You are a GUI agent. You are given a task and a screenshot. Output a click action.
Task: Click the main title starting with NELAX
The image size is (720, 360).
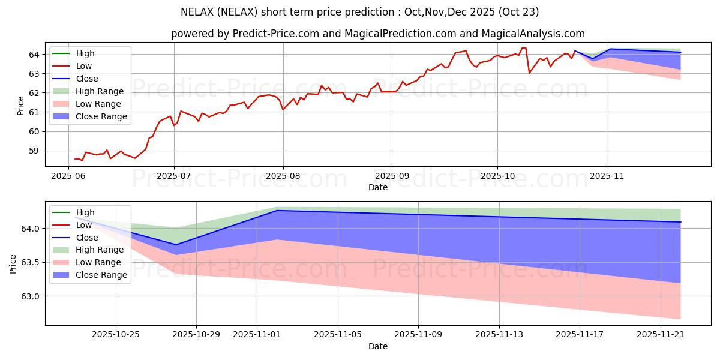pyautogui.click(x=360, y=12)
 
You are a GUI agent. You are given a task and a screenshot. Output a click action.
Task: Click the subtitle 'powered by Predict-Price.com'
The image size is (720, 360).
pyautogui.click(x=378, y=34)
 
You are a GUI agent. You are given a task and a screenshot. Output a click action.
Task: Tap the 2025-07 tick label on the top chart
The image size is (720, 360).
pyautogui.click(x=174, y=176)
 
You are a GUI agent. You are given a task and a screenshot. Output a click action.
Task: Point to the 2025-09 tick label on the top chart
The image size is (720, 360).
pyautogui.click(x=392, y=176)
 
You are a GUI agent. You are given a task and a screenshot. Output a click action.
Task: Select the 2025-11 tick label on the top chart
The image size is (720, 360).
pyautogui.click(x=607, y=176)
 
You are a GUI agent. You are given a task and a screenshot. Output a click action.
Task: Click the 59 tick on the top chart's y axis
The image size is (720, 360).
pyautogui.click(x=34, y=151)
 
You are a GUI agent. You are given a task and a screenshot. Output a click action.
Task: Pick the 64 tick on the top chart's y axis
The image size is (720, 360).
pyautogui.click(x=34, y=54)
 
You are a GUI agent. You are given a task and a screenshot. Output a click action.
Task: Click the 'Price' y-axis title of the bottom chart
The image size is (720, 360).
pyautogui.click(x=13, y=263)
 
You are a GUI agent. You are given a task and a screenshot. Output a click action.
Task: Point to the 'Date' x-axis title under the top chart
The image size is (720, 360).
pyautogui.click(x=378, y=187)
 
